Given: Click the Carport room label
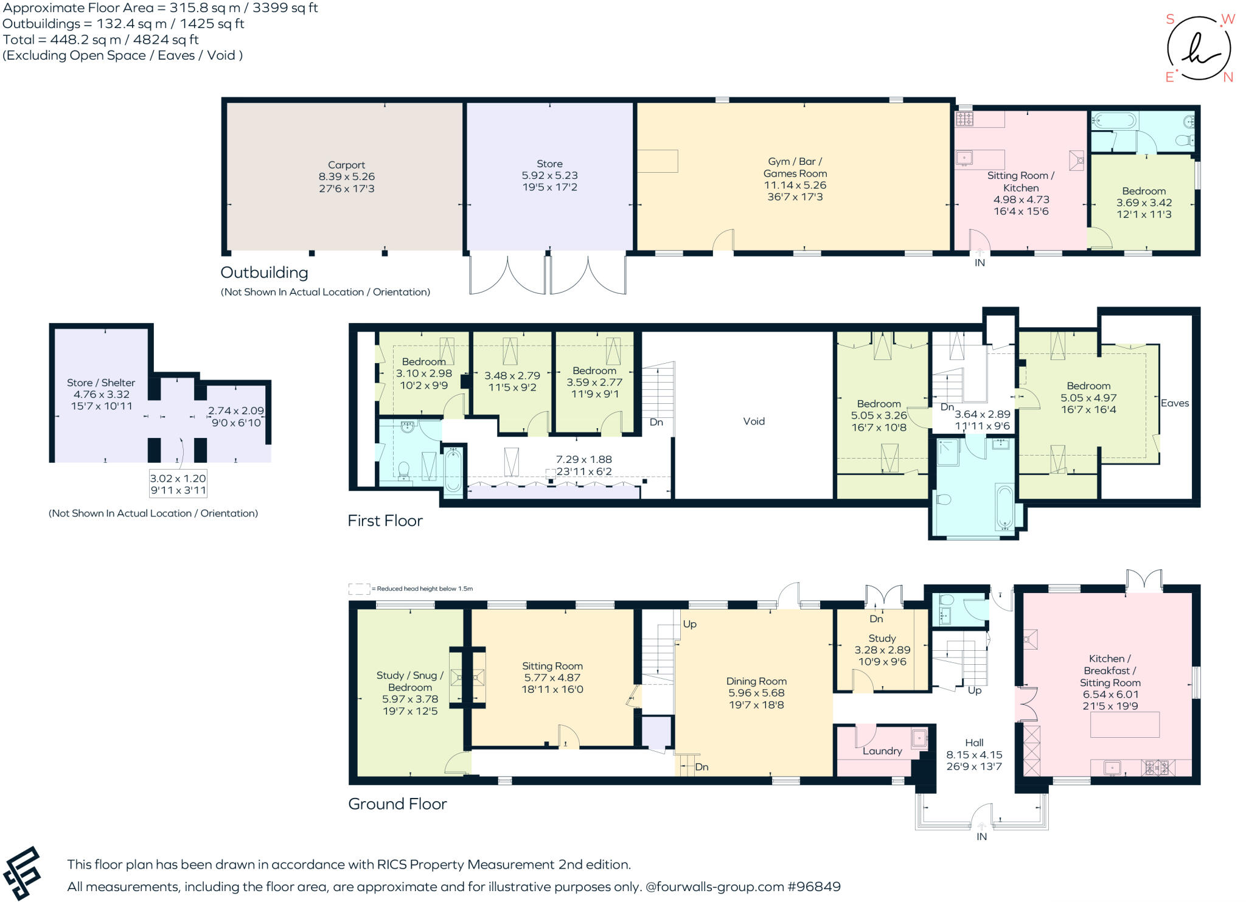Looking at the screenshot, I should [x=346, y=165].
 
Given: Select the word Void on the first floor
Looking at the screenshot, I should [x=753, y=421].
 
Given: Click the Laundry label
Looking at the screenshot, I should [x=882, y=751].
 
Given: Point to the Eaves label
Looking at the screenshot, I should [x=1174, y=403].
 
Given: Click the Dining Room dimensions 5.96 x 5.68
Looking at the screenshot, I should [x=756, y=693].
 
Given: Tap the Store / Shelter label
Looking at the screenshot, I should [x=101, y=383].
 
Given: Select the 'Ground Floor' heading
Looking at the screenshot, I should [x=397, y=804].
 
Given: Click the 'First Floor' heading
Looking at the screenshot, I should [x=385, y=521].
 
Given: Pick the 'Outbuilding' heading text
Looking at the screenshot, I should [x=264, y=272].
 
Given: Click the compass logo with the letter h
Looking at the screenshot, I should [x=1199, y=49].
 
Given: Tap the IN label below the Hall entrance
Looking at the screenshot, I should [x=981, y=837].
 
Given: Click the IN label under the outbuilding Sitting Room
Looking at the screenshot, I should [x=980, y=263].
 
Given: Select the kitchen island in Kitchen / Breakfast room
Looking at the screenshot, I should [x=1124, y=724].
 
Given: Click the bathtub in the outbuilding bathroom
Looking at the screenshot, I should [x=1113, y=120].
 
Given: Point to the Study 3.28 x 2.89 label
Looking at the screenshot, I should [x=882, y=650].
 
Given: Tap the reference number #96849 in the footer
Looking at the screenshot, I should [x=813, y=887].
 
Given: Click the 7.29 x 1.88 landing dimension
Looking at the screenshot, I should [x=583, y=460].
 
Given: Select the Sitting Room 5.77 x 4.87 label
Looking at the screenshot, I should [x=552, y=678].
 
